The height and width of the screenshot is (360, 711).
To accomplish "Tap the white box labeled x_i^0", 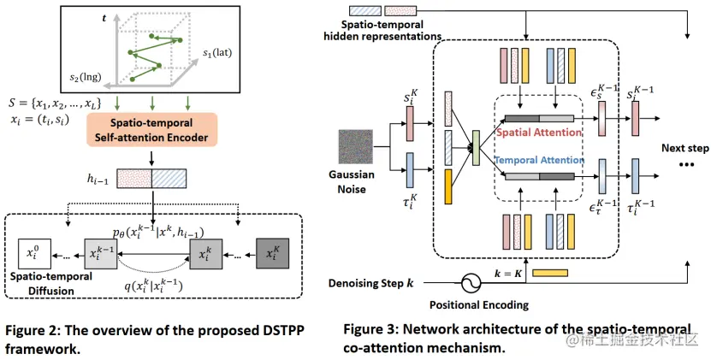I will pos(32,254).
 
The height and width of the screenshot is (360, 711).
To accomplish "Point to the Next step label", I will pos(685,148).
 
